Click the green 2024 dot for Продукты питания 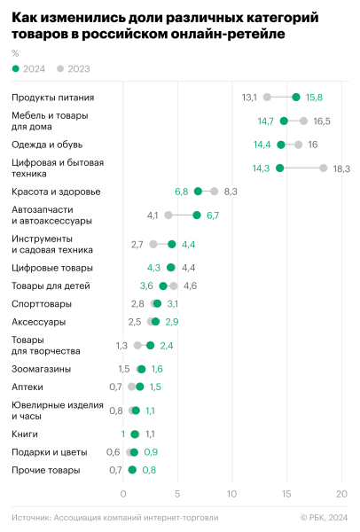296,97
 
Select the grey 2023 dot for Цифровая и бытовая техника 324,168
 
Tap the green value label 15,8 314,97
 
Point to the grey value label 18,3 341,168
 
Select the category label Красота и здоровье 55,192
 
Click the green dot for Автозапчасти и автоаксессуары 197,215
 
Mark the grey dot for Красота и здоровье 214,192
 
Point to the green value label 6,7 213,215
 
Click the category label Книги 24,434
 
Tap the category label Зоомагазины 41,369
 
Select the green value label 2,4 166,346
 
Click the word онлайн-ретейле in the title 230,35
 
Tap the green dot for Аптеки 139,387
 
